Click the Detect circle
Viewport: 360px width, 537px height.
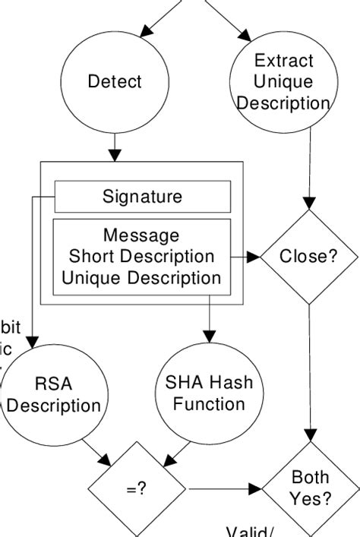(115, 81)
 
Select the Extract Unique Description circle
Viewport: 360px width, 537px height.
(283, 81)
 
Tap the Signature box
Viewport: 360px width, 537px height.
(142, 197)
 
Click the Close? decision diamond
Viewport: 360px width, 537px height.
(308, 257)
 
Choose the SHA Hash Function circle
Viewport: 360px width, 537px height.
(209, 393)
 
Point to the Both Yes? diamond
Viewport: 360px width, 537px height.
(311, 488)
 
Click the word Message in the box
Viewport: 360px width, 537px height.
(142, 235)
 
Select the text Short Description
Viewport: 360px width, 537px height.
(142, 257)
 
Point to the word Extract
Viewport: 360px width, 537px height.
(283, 61)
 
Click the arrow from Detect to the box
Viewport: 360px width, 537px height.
(115, 147)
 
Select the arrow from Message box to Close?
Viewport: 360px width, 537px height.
(245, 257)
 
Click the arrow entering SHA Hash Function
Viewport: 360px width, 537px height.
(209, 323)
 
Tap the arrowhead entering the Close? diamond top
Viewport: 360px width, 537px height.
(308, 204)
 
